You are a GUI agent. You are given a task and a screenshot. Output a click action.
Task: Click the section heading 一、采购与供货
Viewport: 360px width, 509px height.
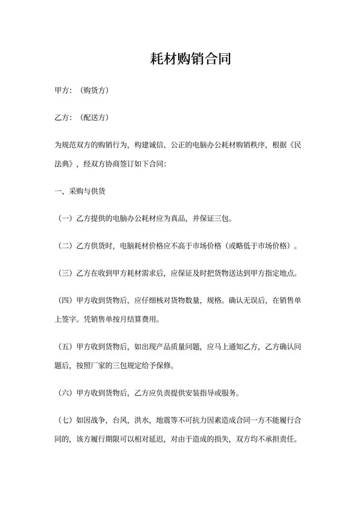[80, 192]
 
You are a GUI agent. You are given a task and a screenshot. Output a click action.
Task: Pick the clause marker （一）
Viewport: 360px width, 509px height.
[65, 219]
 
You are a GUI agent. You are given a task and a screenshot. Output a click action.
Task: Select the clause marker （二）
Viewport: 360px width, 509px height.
[65, 246]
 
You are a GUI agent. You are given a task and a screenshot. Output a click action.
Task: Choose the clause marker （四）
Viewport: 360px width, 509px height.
[65, 299]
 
